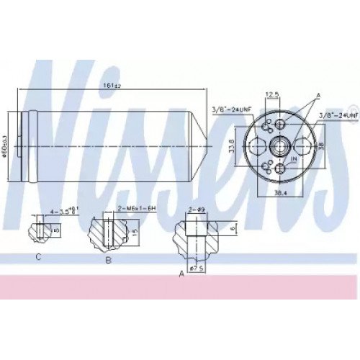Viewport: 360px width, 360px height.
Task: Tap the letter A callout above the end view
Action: (x=318, y=95)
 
